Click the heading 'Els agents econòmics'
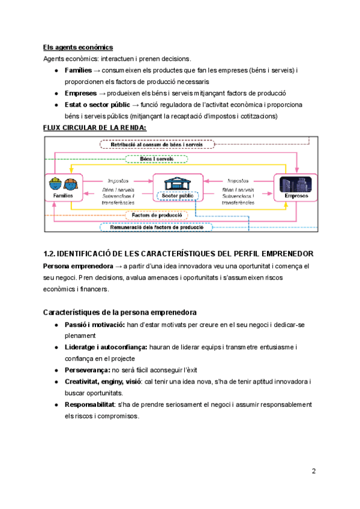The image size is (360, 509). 78,47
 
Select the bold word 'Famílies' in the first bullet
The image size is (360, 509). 79,70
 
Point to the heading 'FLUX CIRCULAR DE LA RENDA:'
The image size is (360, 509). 94,127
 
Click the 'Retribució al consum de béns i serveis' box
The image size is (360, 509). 157,145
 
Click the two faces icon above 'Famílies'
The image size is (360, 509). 63,183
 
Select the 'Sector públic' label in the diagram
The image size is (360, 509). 177,196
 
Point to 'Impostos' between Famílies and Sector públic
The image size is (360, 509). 118,179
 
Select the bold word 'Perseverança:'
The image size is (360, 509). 86,370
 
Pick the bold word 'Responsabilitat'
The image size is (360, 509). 89,405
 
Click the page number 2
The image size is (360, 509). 313,471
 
